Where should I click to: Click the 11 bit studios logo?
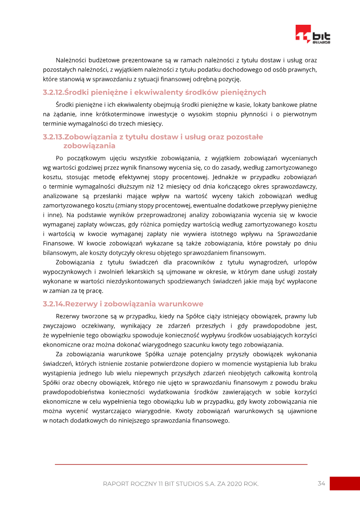[313, 34]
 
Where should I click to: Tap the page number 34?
[321, 483]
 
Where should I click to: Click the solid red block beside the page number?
[345, 483]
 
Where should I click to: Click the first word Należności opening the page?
[72, 60]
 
